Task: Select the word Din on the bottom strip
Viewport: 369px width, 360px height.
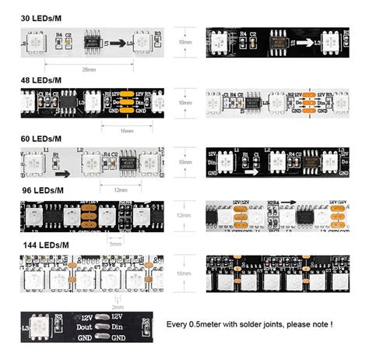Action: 119,328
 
